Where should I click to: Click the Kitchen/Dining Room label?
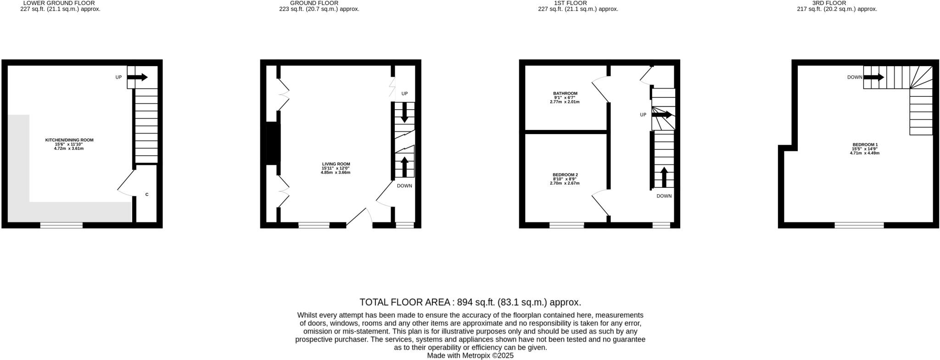(x=69, y=140)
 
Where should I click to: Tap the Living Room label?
(x=336, y=164)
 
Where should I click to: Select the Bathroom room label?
(x=565, y=94)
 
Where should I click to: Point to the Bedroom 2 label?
(x=565, y=175)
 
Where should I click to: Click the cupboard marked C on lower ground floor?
(x=147, y=195)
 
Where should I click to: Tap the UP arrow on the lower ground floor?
(x=138, y=77)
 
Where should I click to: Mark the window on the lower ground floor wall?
(x=61, y=225)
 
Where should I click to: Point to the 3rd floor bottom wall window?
(x=859, y=225)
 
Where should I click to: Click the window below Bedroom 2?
(x=566, y=225)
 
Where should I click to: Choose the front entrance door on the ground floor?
(x=360, y=218)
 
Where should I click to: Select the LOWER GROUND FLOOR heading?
(x=59, y=3)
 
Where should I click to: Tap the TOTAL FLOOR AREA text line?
(x=470, y=302)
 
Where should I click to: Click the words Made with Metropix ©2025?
(x=470, y=355)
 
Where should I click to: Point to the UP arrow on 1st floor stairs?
(x=662, y=115)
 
